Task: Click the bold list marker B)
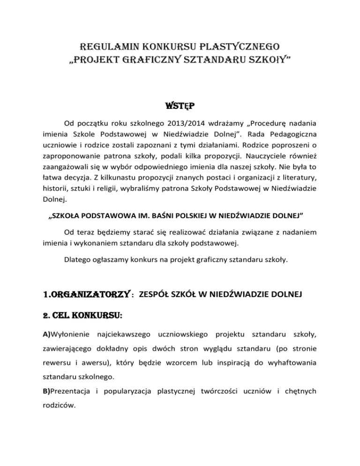(58, 391)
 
